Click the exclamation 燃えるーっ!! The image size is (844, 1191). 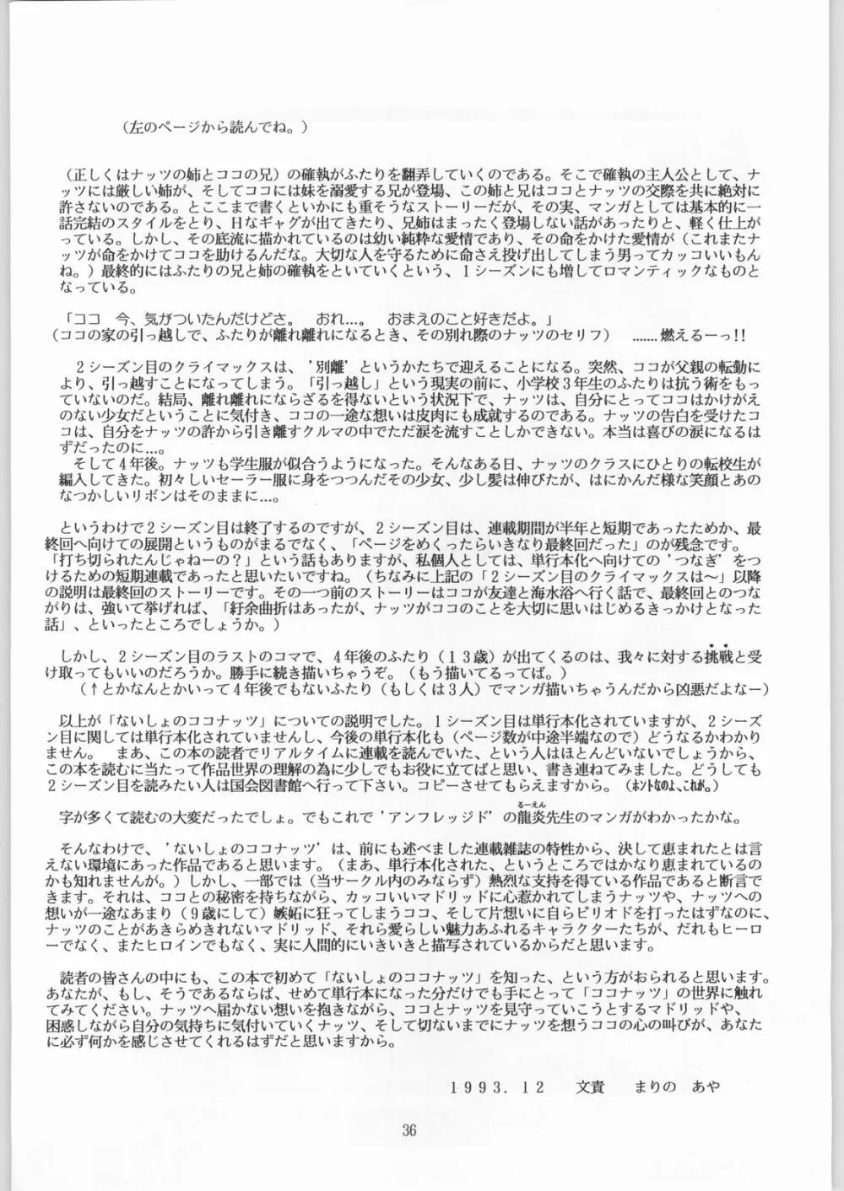click(x=723, y=333)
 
